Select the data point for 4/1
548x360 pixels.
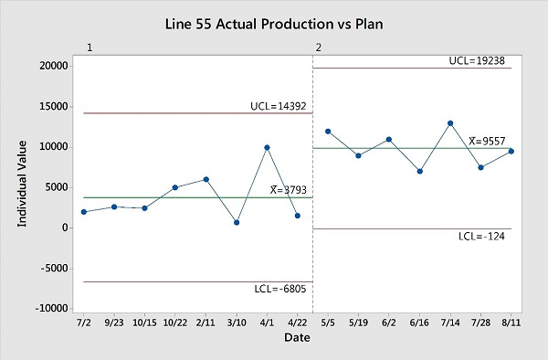tap(267, 147)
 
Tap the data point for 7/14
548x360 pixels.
tap(450, 123)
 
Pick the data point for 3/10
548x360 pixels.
tap(237, 222)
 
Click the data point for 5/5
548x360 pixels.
tap(328, 132)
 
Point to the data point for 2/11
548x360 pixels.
tap(205, 179)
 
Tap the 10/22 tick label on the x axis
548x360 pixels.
tap(174, 323)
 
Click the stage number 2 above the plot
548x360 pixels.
tap(318, 47)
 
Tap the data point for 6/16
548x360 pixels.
tap(420, 171)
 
